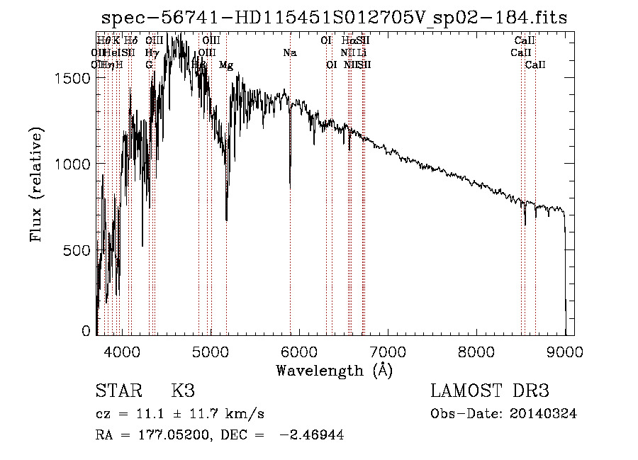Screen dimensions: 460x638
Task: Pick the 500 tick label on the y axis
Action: [79, 250]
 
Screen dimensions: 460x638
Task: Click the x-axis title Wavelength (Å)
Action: [334, 370]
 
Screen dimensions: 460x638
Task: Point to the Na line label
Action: [290, 53]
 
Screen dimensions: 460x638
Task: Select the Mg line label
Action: [225, 65]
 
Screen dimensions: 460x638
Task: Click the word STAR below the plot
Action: [116, 391]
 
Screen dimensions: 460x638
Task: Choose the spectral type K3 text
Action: [182, 391]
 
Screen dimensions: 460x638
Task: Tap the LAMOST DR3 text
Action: [490, 391]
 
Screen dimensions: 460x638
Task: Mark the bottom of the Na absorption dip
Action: [290, 186]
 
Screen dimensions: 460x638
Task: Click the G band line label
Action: [149, 65]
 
